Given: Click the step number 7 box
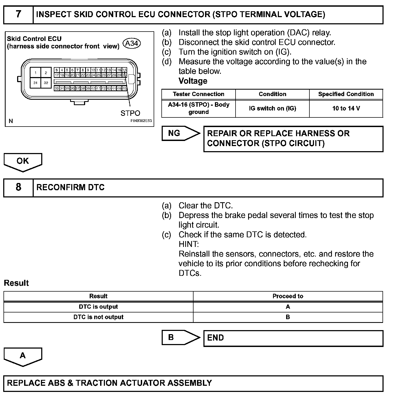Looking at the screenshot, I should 18,14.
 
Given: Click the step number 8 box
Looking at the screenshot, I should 18,187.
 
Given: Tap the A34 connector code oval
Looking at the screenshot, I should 131,43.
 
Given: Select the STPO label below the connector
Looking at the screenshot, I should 130,113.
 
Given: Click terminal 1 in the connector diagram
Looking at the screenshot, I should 35,73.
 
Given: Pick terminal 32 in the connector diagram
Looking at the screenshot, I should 46,83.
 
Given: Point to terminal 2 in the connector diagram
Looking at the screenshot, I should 46,73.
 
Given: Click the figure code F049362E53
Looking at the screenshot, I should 141,121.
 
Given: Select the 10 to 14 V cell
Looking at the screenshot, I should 346,109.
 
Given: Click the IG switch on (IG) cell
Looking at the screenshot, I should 272,109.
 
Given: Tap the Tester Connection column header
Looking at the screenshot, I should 198,94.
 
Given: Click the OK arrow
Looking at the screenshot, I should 23,161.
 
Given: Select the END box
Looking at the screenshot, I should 293,338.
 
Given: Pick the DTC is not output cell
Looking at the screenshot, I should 98,317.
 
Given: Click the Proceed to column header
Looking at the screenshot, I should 288,296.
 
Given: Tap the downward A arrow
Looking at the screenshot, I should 23,356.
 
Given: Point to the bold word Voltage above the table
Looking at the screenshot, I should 193,81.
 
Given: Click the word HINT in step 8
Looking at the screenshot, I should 188,244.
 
